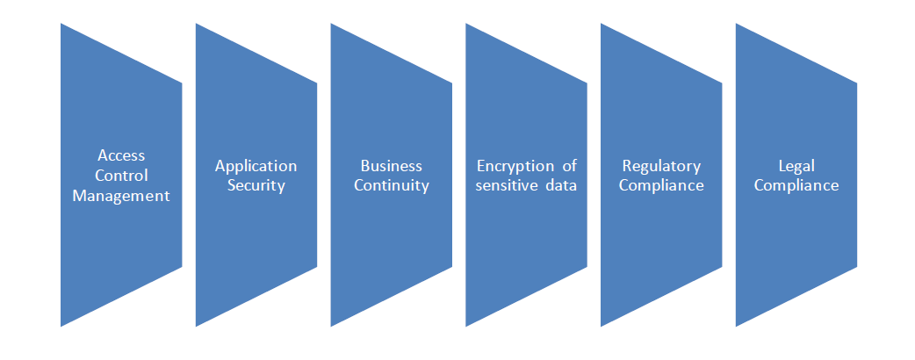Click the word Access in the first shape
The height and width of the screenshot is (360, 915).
[121, 156]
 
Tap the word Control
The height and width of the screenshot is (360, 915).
[121, 176]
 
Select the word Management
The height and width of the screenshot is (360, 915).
[121, 196]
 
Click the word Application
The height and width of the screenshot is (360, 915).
[256, 166]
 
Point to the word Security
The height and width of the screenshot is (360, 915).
[256, 185]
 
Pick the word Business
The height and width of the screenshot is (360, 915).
[392, 166]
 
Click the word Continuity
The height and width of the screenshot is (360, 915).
[392, 185]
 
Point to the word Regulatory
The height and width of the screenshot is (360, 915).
[661, 166]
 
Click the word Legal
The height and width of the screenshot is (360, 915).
[796, 166]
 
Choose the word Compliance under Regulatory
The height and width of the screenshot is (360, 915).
[661, 185]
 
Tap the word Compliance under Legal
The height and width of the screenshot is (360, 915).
[796, 185]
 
